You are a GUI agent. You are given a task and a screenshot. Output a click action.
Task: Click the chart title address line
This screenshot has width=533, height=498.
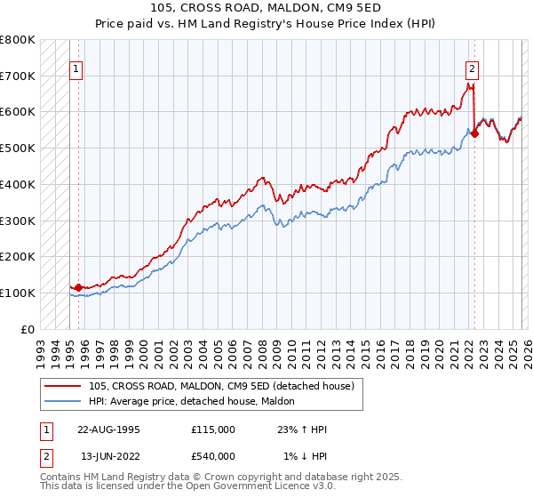click(266, 9)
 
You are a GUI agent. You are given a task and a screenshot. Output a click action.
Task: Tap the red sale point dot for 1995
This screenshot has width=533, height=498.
click(78, 287)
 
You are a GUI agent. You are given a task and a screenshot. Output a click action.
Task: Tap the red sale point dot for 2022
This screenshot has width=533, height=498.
click(474, 134)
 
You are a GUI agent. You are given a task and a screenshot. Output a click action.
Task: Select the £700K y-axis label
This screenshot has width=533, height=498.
click(18, 76)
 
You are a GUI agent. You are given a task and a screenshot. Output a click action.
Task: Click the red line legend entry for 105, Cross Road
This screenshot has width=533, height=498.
click(221, 385)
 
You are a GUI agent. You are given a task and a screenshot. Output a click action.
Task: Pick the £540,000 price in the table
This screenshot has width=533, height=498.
click(213, 456)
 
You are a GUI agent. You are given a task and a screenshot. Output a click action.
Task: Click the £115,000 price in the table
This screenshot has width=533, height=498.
click(213, 430)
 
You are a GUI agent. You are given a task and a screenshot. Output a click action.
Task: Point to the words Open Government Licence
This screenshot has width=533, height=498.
click(266, 488)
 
